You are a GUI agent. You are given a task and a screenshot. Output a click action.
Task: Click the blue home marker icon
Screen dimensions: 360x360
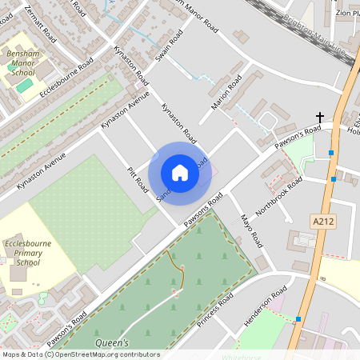pos(180,173)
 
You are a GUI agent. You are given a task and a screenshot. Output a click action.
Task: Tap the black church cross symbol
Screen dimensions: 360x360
pos(319,117)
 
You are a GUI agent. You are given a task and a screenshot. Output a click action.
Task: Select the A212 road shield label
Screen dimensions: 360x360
pos(322,218)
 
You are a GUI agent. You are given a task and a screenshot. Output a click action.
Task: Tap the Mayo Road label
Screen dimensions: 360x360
pos(251,230)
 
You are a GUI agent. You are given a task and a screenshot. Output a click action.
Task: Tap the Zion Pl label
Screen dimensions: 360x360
pos(345,13)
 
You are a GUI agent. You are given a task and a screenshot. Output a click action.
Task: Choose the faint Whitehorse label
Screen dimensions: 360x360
pos(241,357)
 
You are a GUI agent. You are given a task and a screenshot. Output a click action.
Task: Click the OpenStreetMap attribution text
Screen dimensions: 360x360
pos(80,354)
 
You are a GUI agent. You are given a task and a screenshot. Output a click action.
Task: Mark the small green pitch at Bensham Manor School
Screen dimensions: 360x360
pos(25,84)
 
